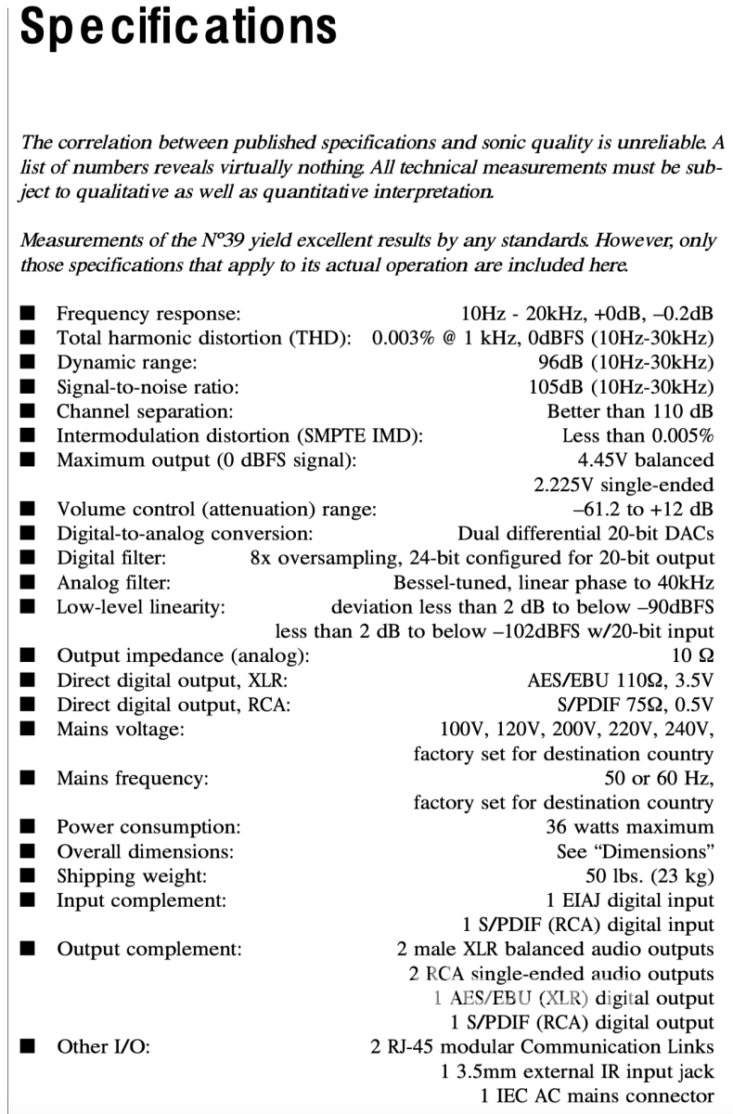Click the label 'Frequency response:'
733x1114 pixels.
[148, 314]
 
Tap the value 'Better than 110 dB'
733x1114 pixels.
[630, 411]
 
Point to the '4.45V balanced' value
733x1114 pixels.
[646, 460]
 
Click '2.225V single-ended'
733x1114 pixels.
[624, 485]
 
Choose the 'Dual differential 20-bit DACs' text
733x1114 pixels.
[585, 534]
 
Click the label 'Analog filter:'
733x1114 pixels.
[114, 583]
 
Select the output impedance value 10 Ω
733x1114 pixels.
[699, 656]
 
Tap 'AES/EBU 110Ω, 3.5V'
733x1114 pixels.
[621, 680]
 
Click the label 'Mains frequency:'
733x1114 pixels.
[133, 779]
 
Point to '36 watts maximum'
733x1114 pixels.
[630, 826]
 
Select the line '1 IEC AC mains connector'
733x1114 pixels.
[598, 1095]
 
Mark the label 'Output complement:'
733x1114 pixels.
[149, 950]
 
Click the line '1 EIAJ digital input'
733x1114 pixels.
[631, 900]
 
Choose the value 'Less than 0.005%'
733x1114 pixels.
[637, 435]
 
